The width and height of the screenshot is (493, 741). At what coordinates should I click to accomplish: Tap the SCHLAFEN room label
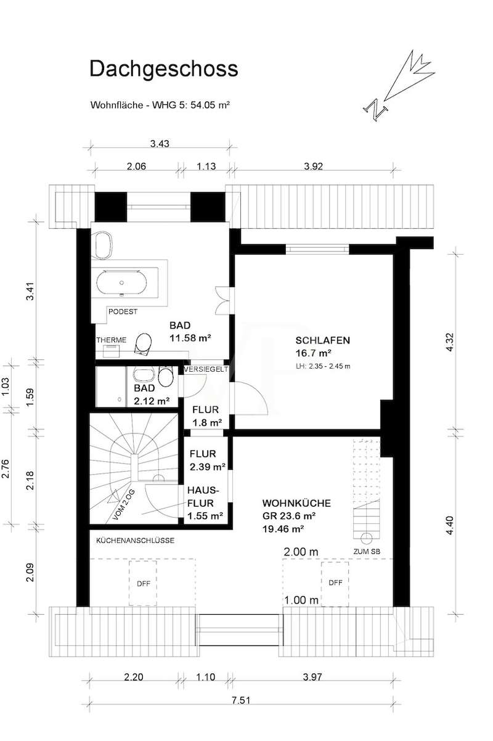(x=322, y=340)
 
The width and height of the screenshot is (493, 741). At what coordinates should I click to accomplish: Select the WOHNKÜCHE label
(x=296, y=503)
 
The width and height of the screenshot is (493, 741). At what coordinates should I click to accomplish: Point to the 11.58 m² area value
(x=190, y=338)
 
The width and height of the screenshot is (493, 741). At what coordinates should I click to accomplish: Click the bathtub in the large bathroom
(x=122, y=283)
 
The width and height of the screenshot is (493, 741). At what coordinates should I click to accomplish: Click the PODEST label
(x=123, y=311)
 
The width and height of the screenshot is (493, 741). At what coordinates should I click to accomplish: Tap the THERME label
(x=112, y=340)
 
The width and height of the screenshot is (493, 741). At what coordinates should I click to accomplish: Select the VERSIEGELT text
(x=206, y=369)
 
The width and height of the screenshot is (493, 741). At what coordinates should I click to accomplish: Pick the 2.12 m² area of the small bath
(x=152, y=401)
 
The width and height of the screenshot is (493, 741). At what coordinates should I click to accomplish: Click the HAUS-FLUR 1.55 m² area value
(x=205, y=515)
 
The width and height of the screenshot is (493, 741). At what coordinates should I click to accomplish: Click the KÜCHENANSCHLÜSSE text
(x=135, y=541)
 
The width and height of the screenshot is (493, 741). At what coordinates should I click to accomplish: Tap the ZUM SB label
(x=367, y=552)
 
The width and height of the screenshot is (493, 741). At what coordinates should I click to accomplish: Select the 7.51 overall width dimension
(x=241, y=700)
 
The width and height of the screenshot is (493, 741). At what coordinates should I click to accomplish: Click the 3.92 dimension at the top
(x=313, y=166)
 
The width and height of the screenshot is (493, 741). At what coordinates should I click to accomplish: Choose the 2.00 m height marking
(x=301, y=552)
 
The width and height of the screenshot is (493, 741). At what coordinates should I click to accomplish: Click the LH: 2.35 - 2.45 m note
(x=323, y=366)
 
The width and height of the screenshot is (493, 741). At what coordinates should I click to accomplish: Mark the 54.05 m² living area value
(x=210, y=105)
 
